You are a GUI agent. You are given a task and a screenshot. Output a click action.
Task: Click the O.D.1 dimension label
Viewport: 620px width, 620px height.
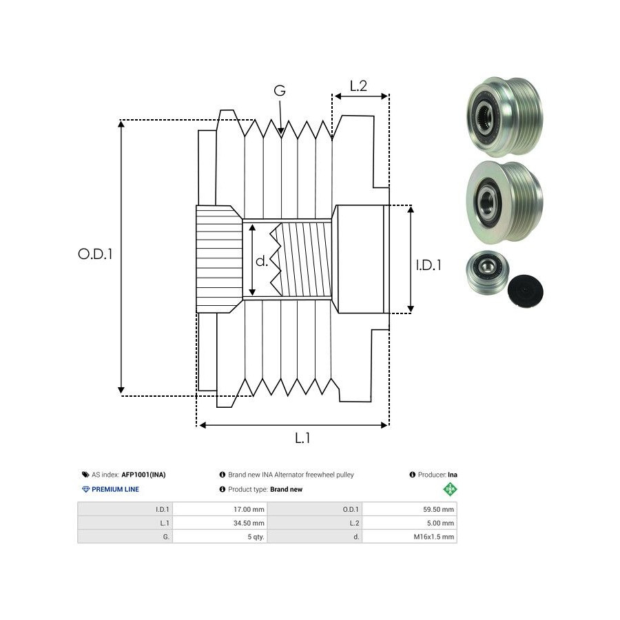(x=95, y=254)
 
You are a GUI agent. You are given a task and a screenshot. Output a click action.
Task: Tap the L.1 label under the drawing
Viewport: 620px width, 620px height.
(x=302, y=437)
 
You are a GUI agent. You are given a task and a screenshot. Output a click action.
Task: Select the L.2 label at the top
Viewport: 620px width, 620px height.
(x=358, y=86)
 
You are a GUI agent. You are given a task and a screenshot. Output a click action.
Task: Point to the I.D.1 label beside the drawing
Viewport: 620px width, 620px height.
(x=428, y=265)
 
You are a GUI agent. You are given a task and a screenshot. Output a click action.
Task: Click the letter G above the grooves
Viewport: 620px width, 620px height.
(x=280, y=90)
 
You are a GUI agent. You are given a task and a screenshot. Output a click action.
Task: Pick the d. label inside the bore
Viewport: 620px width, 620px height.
(x=262, y=261)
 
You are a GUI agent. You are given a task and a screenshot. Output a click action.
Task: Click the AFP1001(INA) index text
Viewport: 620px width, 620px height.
(x=143, y=475)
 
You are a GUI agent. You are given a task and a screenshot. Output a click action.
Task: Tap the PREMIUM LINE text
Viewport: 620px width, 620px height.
(x=115, y=489)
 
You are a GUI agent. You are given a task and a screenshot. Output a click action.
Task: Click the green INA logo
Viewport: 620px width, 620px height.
(x=450, y=490)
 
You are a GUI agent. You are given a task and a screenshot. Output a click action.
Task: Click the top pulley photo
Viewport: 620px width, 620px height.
(x=503, y=116)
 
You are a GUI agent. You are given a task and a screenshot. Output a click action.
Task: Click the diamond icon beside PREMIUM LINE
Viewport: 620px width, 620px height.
(x=85, y=489)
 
